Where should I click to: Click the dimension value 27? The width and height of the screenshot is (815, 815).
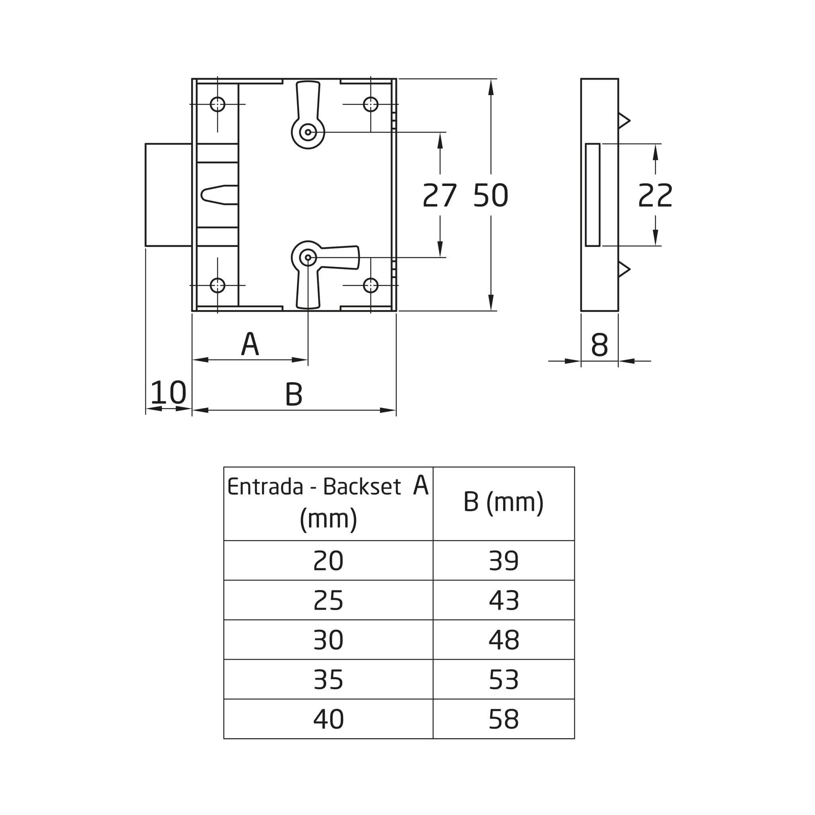[440, 195]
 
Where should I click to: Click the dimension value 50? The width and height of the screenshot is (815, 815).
[491, 195]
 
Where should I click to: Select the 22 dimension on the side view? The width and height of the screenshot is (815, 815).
[655, 195]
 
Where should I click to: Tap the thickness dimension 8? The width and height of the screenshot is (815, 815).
[600, 345]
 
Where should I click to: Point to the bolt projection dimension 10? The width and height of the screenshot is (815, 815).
[168, 392]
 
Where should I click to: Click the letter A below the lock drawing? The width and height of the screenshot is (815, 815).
[250, 344]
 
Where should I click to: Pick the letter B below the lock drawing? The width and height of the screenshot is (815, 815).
[294, 394]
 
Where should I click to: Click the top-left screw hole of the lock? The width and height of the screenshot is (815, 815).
[217, 104]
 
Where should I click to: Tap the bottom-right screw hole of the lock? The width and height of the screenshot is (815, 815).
[370, 285]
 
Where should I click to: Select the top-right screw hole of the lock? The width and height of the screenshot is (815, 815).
[370, 104]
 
